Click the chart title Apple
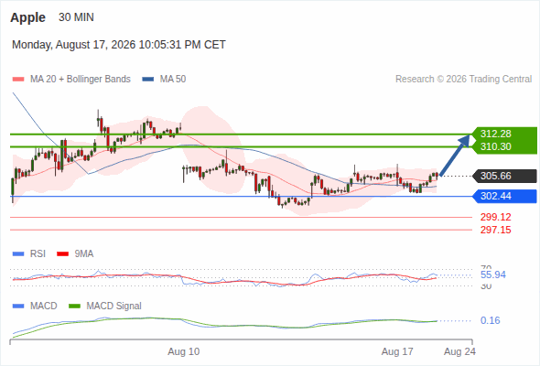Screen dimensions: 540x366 tap(27, 17)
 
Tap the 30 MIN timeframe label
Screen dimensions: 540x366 tap(76, 17)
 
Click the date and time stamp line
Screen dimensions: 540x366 tap(119, 45)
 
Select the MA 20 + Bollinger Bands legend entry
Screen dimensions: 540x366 tap(71, 80)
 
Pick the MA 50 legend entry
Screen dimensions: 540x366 tap(164, 80)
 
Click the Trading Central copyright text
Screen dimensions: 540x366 tap(463, 80)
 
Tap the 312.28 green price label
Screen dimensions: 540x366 tap(495, 134)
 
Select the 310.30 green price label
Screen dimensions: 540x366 tap(495, 146)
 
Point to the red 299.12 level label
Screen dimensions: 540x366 tap(495, 217)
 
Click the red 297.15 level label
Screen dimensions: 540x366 tap(495, 230)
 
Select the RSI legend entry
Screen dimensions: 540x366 tap(29, 254)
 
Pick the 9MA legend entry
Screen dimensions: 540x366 tap(75, 254)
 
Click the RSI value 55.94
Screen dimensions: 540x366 tap(493, 274)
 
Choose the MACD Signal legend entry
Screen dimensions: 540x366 tap(105, 307)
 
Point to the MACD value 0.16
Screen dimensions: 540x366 tap(490, 320)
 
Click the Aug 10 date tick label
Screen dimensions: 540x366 tap(184, 351)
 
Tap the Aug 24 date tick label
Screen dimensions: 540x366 tap(459, 351)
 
